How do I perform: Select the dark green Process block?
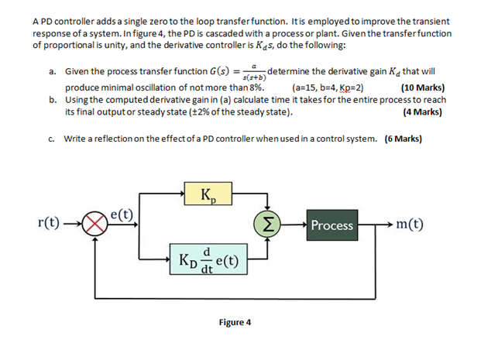click(332, 225)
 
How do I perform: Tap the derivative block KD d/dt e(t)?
click(206, 259)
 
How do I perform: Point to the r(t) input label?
click(50, 225)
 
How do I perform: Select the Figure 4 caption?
click(235, 322)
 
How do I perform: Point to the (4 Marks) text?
click(422, 111)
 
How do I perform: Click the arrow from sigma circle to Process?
click(294, 225)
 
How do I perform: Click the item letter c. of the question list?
click(51, 139)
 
